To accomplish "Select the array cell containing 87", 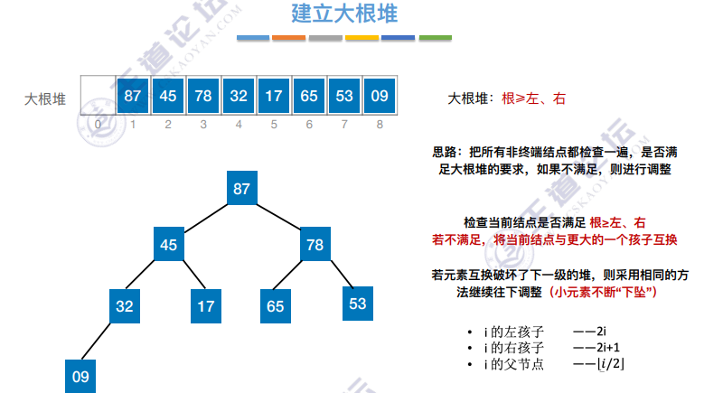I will point(133,96).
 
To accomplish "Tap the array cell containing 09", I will point(380,96).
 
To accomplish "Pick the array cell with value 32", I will point(239,96).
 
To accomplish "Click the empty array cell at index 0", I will point(98,96).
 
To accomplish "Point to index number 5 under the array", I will point(274,124).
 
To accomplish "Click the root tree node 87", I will point(241,189).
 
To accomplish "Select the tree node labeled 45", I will point(168,245).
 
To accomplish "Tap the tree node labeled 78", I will point(315,245).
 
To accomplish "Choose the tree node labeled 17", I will point(206,306).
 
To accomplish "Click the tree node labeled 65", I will point(276,306).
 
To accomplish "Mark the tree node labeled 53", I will point(358,304).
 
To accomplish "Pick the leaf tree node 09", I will point(81,376).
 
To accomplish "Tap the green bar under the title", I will point(435,38).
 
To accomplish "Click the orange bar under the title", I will point(289,38).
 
